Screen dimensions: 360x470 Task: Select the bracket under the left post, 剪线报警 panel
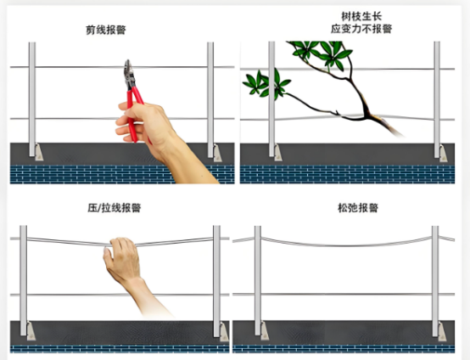tap(37, 152)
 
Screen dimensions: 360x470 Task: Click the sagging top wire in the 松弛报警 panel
tap(348, 245)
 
